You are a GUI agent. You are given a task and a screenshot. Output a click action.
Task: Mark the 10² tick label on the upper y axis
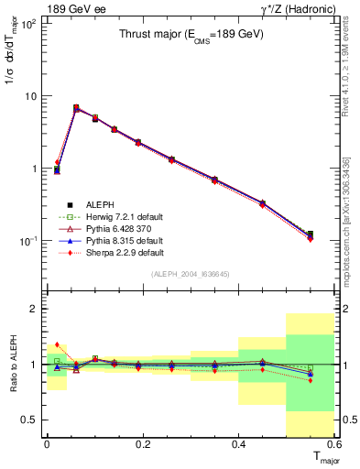point(27,22)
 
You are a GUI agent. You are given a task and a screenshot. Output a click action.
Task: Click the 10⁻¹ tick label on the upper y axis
point(27,240)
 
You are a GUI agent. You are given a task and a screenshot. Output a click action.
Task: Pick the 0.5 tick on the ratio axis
point(30,420)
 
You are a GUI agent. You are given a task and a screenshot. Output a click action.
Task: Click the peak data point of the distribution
point(76,108)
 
